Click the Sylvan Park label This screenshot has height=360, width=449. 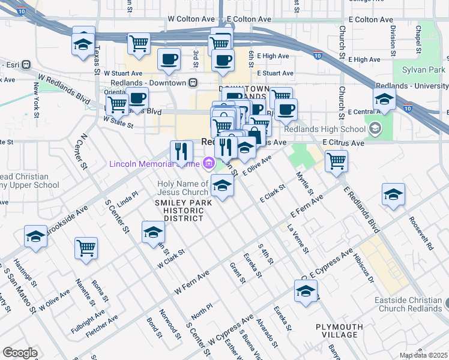(x=423, y=70)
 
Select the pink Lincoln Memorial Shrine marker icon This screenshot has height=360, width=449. (x=209, y=162)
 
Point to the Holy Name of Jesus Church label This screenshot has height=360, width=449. (x=182, y=188)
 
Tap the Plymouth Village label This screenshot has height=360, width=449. (x=339, y=331)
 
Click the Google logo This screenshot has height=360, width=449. (x=20, y=353)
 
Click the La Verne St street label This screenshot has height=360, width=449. (x=298, y=238)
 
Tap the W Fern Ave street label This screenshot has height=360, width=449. (x=192, y=282)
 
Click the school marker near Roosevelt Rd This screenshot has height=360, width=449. (x=393, y=194)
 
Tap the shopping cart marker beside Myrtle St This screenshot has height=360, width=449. (x=336, y=160)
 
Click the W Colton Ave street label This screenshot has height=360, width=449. (x=191, y=19)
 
